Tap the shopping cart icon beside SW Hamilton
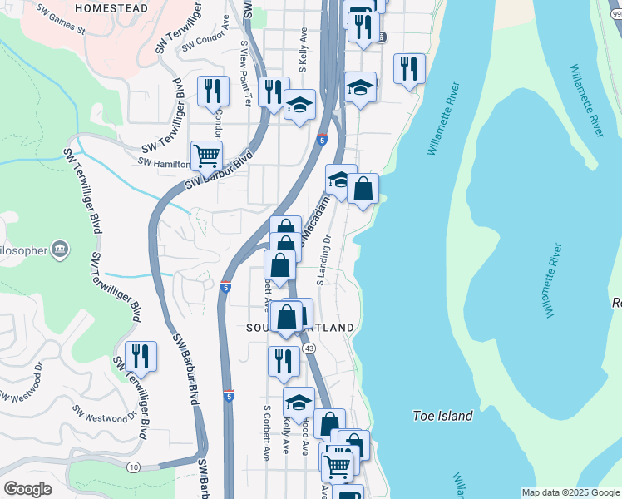click(206, 154)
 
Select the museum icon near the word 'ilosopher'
click(59, 249)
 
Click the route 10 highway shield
click(134, 467)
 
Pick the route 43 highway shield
click(309, 348)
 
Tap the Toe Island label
click(443, 416)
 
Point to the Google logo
click(27, 489)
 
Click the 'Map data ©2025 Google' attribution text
click(570, 492)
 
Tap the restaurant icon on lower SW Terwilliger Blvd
click(141, 356)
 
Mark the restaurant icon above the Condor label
click(214, 91)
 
